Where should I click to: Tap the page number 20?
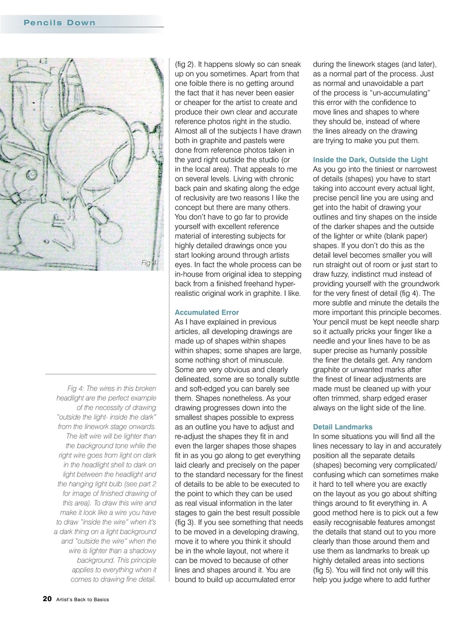click(x=47, y=599)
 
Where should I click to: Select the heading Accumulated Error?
click(x=206, y=312)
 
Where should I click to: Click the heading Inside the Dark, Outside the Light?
click(x=371, y=160)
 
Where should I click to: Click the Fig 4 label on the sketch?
click(x=149, y=263)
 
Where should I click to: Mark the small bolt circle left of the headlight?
click(x=33, y=174)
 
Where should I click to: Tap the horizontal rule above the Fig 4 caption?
click(x=101, y=374)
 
